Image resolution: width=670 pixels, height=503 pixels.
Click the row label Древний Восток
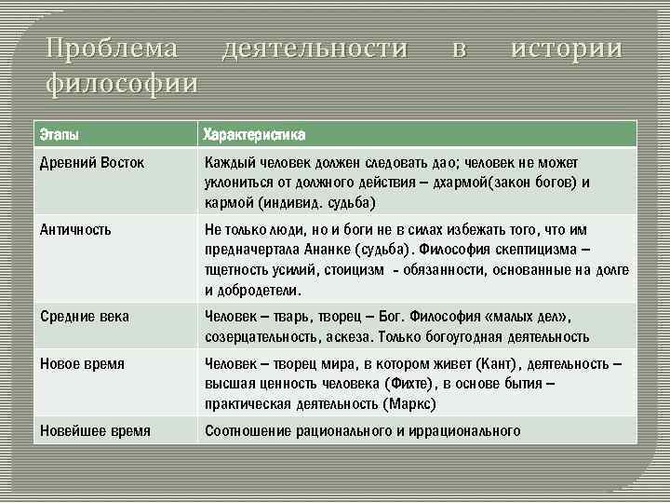coord(91,163)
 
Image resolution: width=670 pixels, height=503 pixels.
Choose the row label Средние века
coord(85,317)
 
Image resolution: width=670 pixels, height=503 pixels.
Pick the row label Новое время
coord(82,363)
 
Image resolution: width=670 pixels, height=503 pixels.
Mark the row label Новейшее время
coord(96,430)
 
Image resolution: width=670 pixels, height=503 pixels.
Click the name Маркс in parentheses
coord(407,404)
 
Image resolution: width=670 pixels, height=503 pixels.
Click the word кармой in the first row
coord(227,203)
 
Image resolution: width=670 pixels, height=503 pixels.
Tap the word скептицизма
coord(534,250)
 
